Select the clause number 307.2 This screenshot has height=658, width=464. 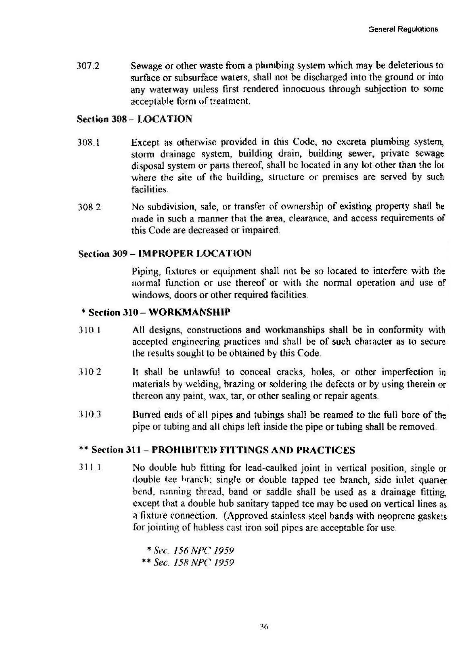tap(88, 66)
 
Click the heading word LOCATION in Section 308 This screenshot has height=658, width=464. tap(165, 119)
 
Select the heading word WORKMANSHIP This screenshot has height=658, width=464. tap(189, 312)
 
